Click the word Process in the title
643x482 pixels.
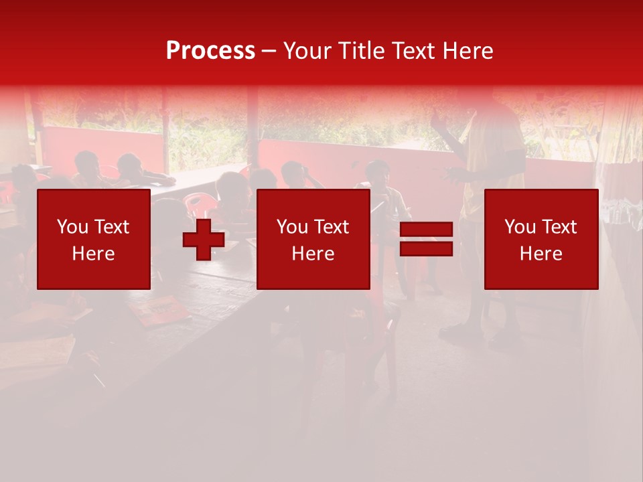coord(210,51)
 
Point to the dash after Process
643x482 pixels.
coord(269,52)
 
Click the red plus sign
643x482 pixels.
coord(204,239)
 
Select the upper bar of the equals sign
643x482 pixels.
coord(426,230)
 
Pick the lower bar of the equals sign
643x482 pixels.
coord(426,248)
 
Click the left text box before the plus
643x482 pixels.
coord(94,239)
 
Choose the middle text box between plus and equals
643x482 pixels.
coord(313,239)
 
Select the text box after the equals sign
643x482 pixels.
coord(541,239)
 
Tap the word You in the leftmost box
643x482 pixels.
coord(72,227)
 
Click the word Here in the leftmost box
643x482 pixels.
coord(94,254)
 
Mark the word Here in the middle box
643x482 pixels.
coord(313,254)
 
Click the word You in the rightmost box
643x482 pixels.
coord(519,227)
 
